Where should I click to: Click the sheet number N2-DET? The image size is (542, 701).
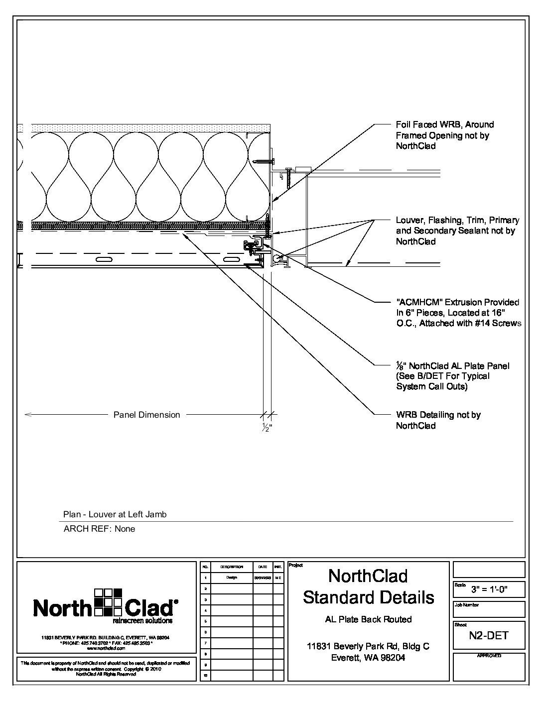(488, 635)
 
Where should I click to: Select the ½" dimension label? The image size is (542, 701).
(267, 427)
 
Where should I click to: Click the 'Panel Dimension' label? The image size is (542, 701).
(146, 415)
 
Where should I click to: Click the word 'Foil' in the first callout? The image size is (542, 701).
(404, 124)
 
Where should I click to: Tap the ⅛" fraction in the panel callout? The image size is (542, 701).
(400, 366)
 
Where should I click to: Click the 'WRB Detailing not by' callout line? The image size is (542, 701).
(438, 415)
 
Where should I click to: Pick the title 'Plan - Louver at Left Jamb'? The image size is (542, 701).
(115, 514)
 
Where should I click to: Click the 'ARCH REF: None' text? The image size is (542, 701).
(99, 529)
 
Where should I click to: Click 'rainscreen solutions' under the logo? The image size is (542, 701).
(142, 621)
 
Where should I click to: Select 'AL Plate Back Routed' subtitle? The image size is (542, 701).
(368, 619)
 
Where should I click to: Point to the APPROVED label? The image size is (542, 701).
(489, 656)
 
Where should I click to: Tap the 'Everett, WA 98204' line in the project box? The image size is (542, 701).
(368, 658)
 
